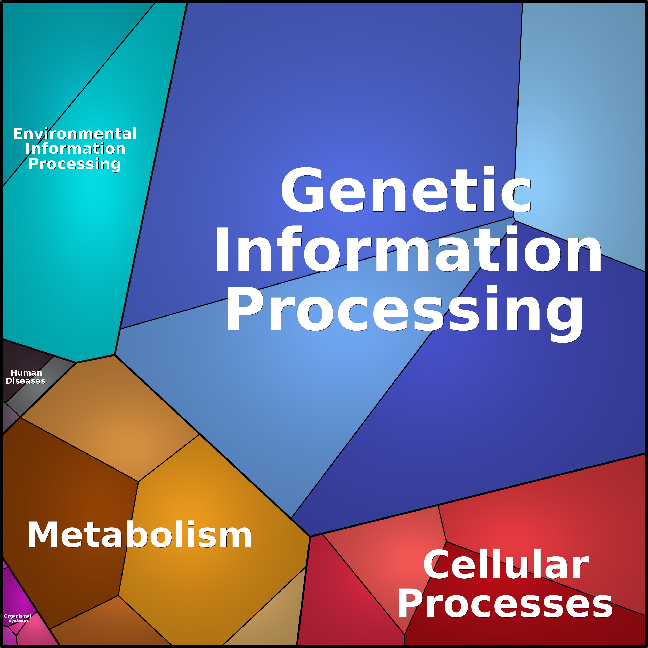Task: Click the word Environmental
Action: click(75, 133)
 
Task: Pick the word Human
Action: click(27, 373)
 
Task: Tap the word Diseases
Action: click(26, 381)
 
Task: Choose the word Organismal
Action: click(18, 616)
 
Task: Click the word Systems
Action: click(19, 620)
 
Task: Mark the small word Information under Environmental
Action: click(76, 149)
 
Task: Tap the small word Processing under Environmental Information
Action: click(75, 164)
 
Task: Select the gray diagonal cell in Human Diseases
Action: click(40, 386)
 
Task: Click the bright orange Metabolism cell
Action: click(208, 537)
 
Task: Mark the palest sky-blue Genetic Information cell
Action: click(580, 134)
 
